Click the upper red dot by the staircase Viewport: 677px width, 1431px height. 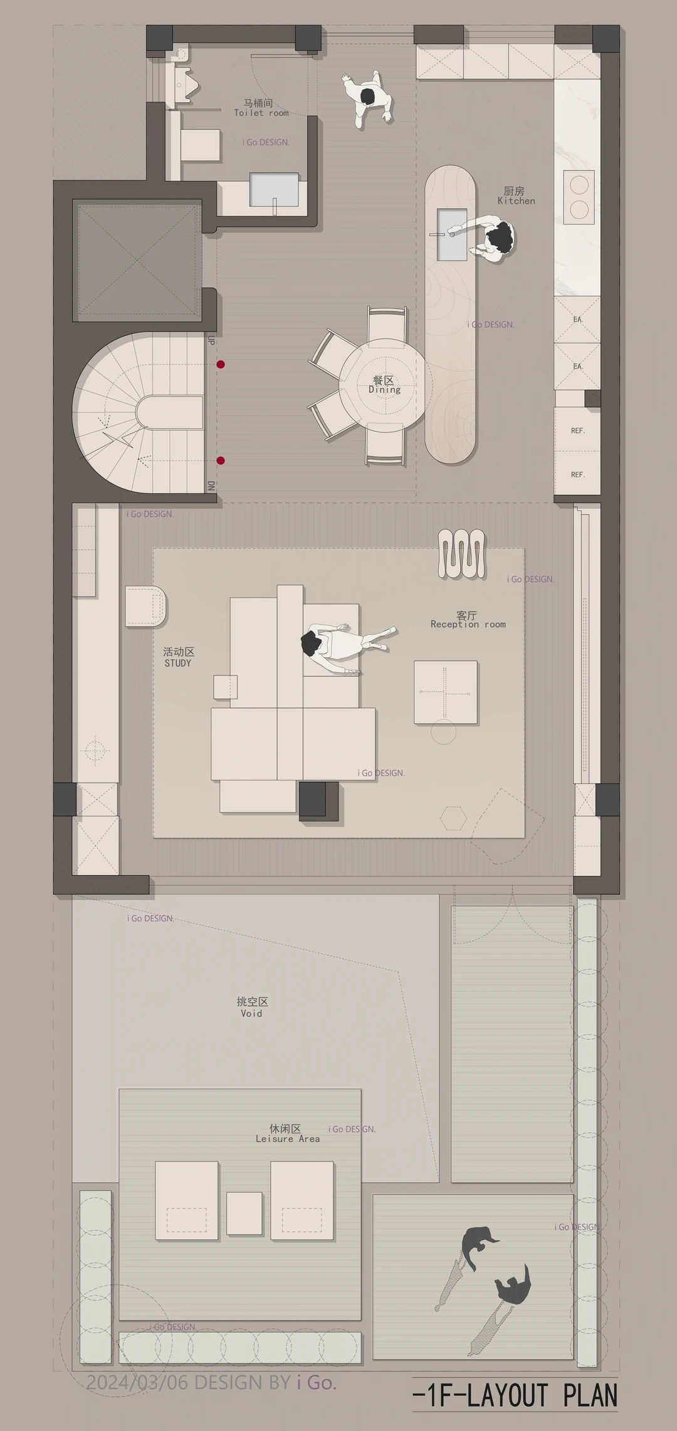[x=221, y=364]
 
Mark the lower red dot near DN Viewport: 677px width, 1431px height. [x=221, y=461]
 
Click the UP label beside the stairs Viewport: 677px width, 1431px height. [x=211, y=340]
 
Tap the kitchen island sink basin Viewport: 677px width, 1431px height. [x=452, y=234]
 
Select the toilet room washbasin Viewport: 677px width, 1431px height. [x=274, y=189]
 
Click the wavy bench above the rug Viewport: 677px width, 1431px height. [x=461, y=554]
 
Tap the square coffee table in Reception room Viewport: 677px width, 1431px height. [x=446, y=692]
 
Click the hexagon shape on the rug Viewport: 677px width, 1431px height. [x=453, y=817]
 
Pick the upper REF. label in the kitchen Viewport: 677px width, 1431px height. [x=578, y=431]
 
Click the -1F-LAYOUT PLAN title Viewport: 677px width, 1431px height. [x=515, y=1396]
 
